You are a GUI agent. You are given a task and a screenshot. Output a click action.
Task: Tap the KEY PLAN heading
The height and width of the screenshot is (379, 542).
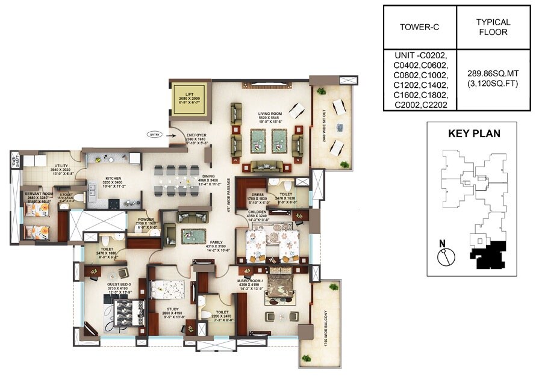tap(474, 134)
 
